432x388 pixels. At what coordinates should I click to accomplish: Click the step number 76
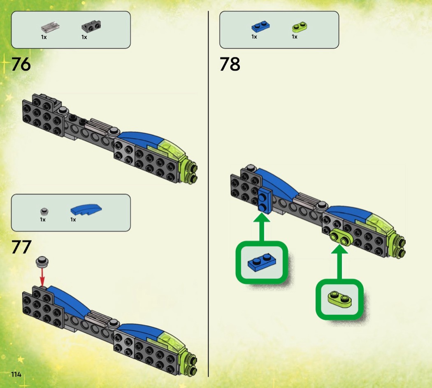(x=21, y=64)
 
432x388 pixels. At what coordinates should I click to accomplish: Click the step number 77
(x=21, y=247)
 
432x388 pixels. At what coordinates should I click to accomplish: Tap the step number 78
(x=230, y=64)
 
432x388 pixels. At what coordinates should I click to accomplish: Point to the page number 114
(x=16, y=374)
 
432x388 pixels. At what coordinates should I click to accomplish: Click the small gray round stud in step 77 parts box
(x=44, y=212)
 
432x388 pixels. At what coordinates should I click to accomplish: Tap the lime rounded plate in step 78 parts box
(x=300, y=28)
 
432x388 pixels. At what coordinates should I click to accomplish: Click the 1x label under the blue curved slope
(x=73, y=220)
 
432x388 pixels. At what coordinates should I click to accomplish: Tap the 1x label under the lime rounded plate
(x=295, y=37)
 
